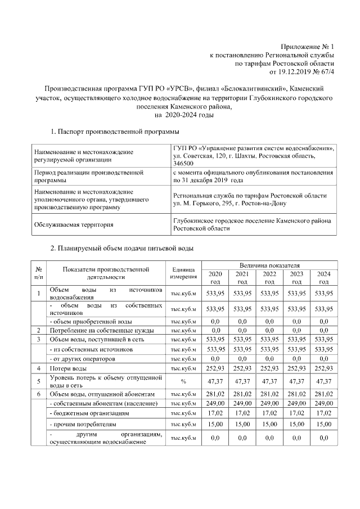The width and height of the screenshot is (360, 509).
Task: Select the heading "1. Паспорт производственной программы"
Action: point(115,132)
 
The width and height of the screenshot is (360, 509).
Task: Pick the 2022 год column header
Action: point(269,277)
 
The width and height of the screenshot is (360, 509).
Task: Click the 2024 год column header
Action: point(323,277)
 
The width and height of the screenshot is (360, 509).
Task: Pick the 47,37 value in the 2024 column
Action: point(323,381)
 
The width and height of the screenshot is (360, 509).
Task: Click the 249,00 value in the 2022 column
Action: point(269,403)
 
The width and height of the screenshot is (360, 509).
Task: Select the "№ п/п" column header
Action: point(39,273)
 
